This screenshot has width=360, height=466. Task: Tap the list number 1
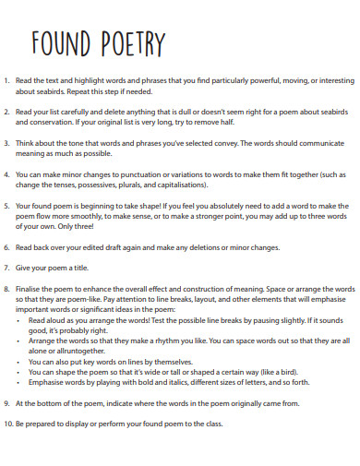point(8,80)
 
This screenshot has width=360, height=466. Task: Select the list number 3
point(8,142)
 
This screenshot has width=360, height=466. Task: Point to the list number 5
point(8,205)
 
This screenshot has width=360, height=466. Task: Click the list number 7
point(8,268)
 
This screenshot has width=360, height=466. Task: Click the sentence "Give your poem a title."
point(56,268)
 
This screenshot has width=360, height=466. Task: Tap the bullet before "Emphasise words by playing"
point(21,382)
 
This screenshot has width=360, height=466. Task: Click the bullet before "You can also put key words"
point(21,362)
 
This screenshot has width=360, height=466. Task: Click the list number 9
point(8,403)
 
